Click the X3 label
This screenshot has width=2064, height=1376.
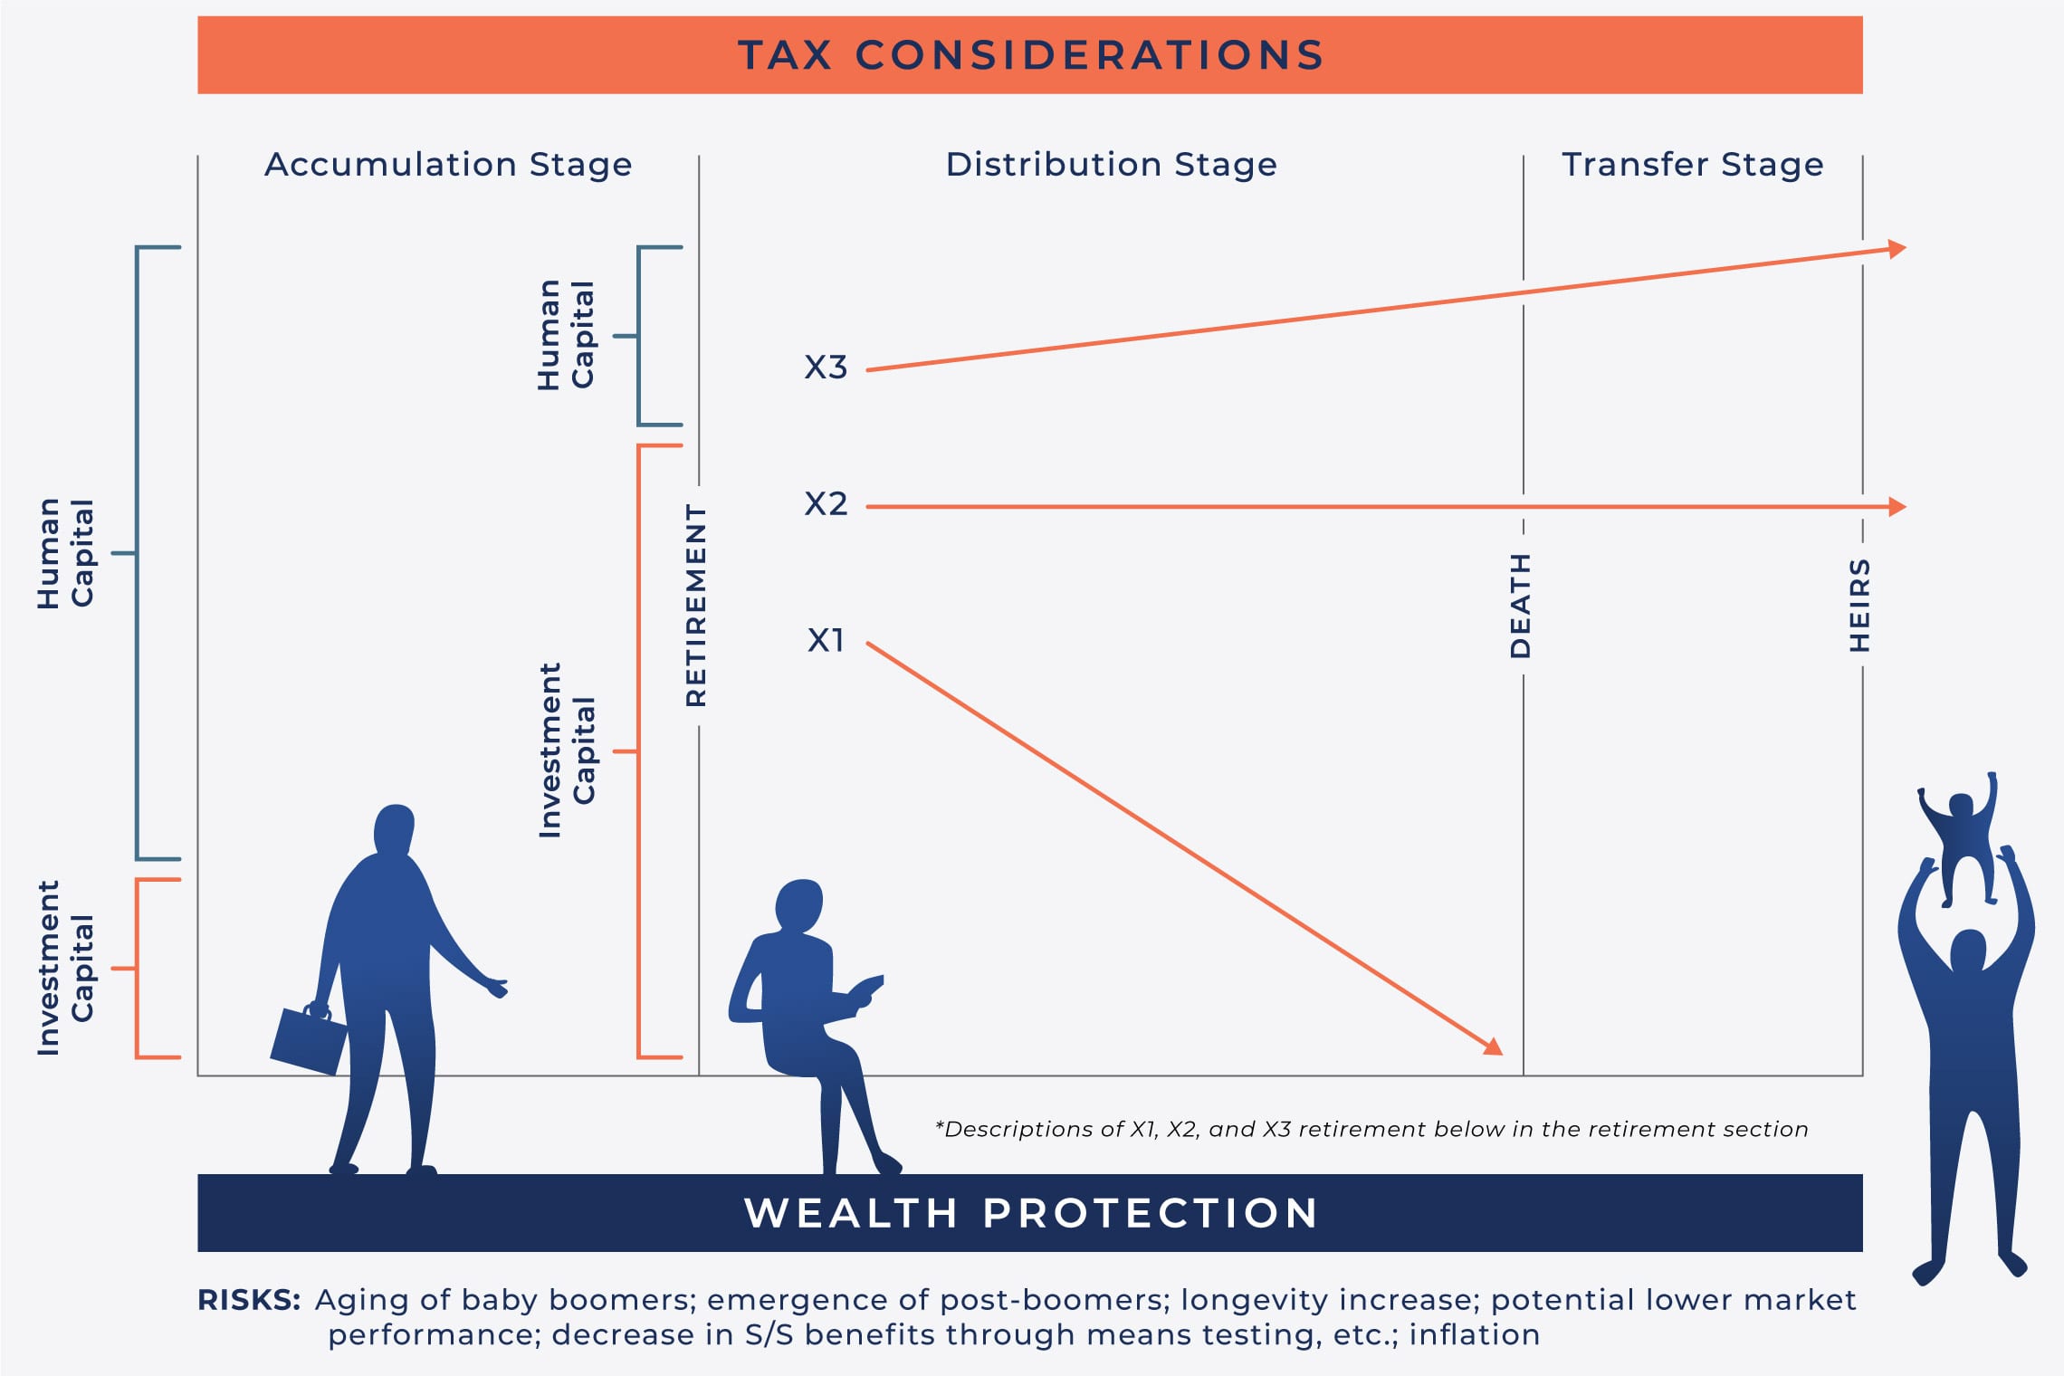tap(826, 367)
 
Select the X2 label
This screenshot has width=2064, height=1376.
tap(826, 503)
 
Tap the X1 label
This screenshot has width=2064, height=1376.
tap(826, 640)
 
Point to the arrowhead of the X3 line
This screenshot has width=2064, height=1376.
tap(1897, 249)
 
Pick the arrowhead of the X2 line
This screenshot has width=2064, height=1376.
tap(1897, 507)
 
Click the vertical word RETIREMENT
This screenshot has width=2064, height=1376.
tap(695, 605)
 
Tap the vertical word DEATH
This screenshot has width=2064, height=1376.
tap(1520, 606)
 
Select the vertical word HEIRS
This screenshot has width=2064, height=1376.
tap(1859, 605)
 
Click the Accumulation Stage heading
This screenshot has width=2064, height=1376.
tap(448, 165)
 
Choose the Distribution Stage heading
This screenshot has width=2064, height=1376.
tap(1112, 165)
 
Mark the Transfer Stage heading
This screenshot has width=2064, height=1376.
tap(1693, 165)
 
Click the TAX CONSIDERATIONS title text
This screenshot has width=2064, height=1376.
tap(1031, 55)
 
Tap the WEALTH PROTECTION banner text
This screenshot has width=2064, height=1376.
tap(1031, 1213)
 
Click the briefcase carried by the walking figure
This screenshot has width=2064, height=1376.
tap(309, 1039)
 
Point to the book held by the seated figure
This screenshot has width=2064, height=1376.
tap(866, 990)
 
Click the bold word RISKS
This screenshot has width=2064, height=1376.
tap(249, 1300)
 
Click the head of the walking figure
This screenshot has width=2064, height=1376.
tap(394, 828)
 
